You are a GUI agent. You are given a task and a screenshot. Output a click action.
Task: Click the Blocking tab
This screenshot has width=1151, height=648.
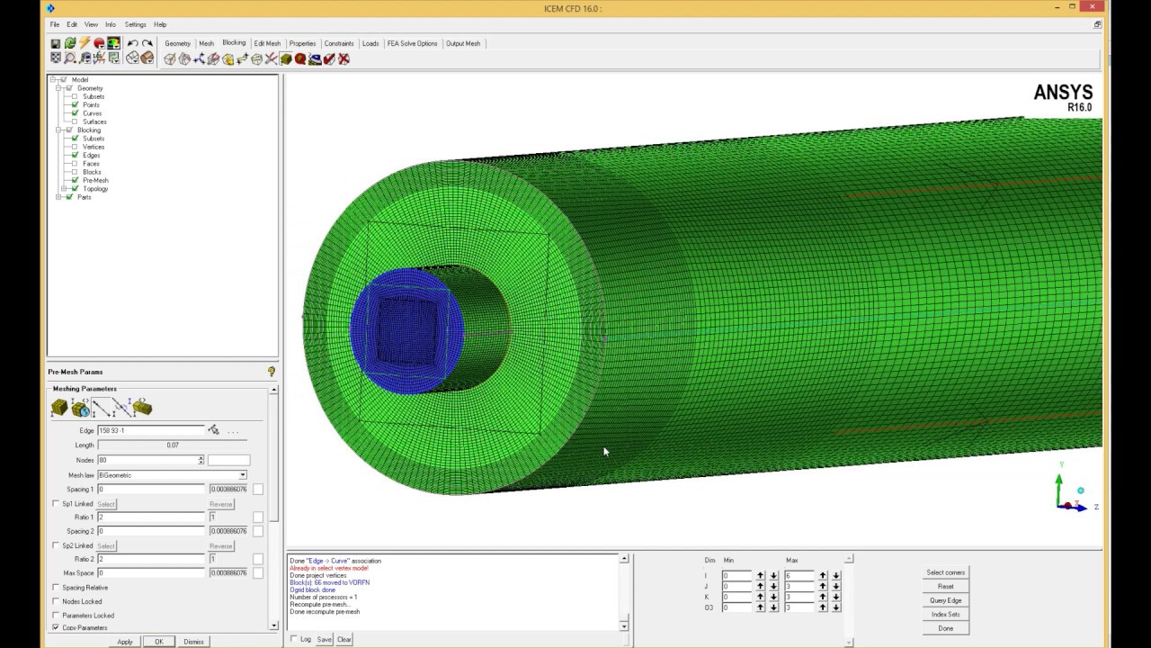tap(234, 43)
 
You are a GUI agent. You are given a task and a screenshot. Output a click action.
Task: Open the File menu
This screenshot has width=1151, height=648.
tap(55, 24)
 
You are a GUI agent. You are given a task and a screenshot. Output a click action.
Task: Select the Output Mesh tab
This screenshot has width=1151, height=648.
tap(463, 43)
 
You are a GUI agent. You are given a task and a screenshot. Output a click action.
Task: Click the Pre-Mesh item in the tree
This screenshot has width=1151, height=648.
tap(95, 180)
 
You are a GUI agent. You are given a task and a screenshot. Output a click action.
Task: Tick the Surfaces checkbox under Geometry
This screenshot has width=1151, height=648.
tap(75, 121)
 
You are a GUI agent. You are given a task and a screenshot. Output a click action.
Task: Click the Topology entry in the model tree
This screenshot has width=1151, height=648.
tap(95, 189)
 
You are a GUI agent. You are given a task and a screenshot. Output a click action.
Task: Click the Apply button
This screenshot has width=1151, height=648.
tap(125, 642)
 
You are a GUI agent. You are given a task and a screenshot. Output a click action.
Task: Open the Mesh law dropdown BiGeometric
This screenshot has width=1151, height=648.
tap(171, 475)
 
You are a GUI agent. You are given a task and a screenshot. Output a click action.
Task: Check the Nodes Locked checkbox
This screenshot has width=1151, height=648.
tap(56, 601)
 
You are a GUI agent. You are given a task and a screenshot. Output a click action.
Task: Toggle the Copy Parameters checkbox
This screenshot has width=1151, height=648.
tap(56, 627)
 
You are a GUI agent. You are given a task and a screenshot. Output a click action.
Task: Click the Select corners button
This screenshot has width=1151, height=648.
tap(945, 572)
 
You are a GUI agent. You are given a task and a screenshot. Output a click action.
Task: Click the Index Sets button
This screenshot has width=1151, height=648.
tap(945, 614)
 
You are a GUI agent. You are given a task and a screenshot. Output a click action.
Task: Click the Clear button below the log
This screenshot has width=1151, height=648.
tap(344, 639)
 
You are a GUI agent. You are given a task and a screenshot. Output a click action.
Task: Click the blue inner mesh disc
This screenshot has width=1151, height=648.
tap(406, 330)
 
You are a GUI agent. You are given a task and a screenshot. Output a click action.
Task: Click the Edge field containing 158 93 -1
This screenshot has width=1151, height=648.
tap(150, 431)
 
